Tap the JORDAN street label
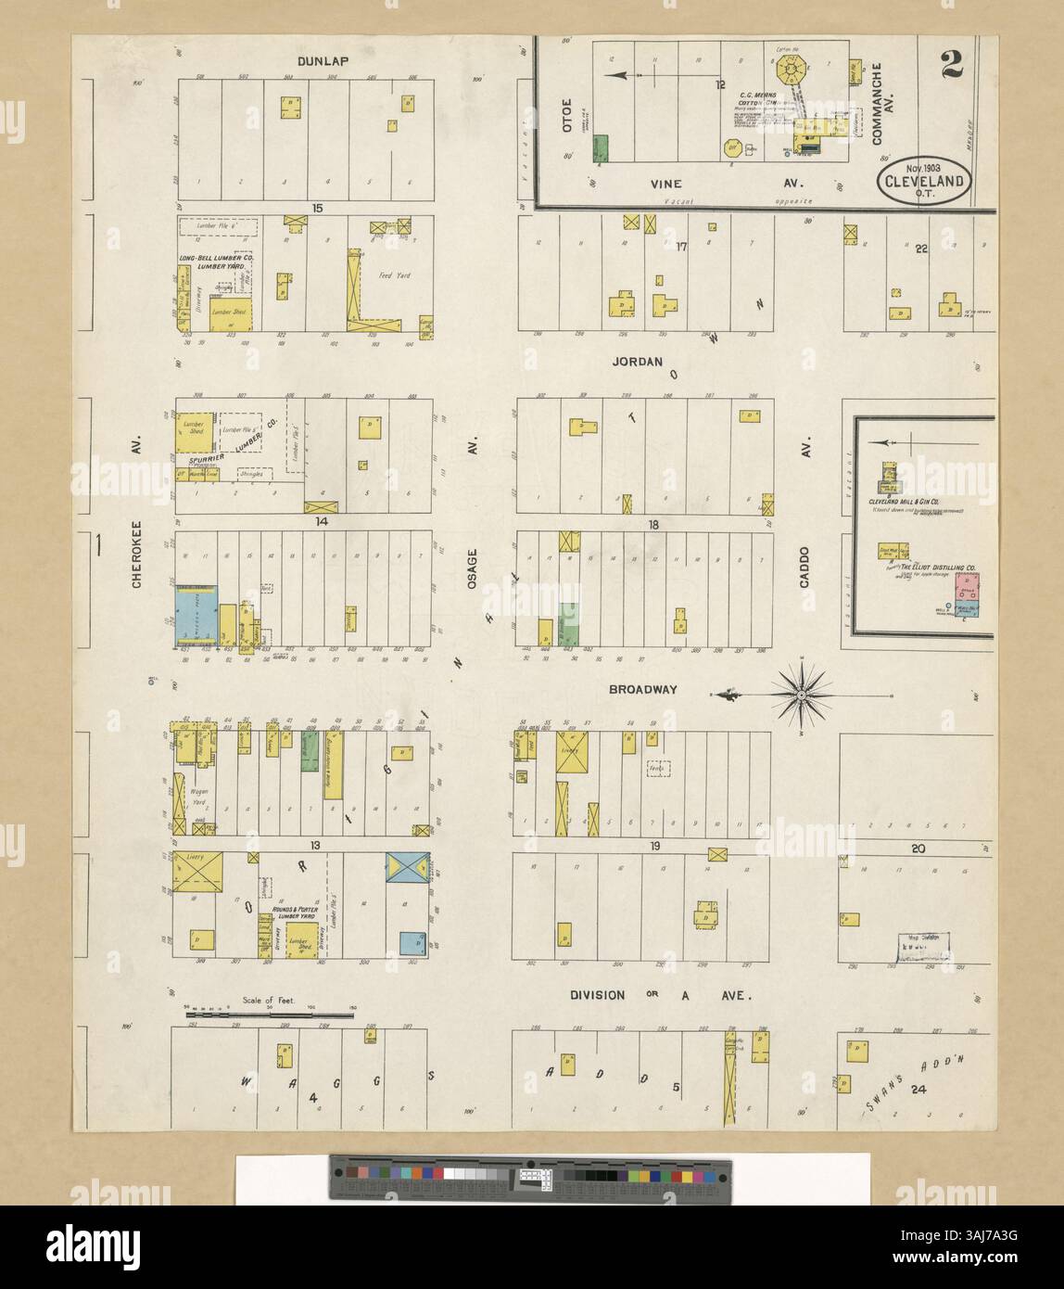coord(636,363)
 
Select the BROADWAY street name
coord(643,690)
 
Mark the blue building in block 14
coord(196,617)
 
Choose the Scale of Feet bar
coord(270,1015)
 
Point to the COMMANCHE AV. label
coord(879,103)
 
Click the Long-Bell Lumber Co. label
coord(215,262)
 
